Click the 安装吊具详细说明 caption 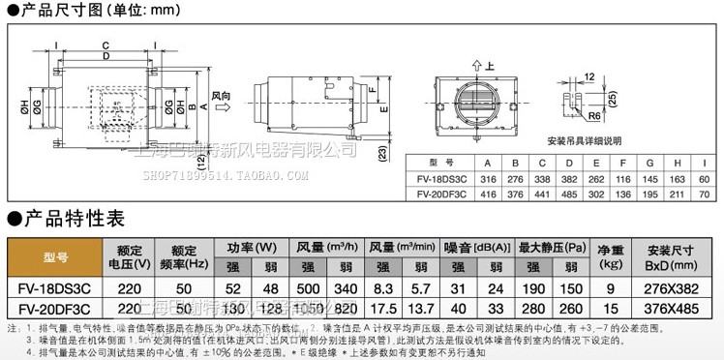(x=581, y=137)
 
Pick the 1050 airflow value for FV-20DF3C (x=309, y=309)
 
